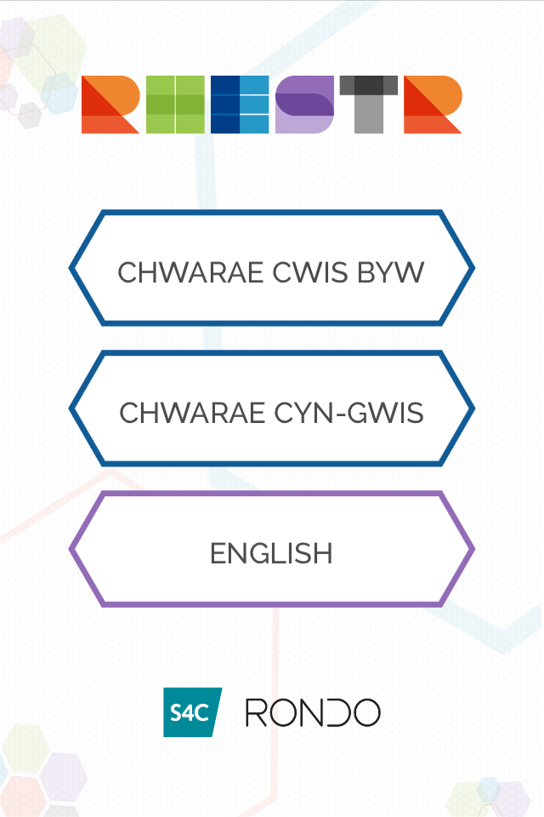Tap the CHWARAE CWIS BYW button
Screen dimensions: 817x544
(x=271, y=269)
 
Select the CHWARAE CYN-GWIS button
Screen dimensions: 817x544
(x=271, y=409)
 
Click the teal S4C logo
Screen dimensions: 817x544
(x=192, y=712)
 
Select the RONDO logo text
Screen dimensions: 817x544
(x=313, y=712)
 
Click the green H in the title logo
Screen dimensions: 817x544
(x=175, y=105)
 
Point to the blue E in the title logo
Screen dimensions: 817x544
(x=240, y=105)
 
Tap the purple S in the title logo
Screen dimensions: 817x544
(x=304, y=105)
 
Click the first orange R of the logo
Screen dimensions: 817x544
(x=110, y=105)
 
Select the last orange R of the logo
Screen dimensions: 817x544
(x=433, y=105)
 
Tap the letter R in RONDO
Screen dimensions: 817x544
(x=257, y=712)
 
